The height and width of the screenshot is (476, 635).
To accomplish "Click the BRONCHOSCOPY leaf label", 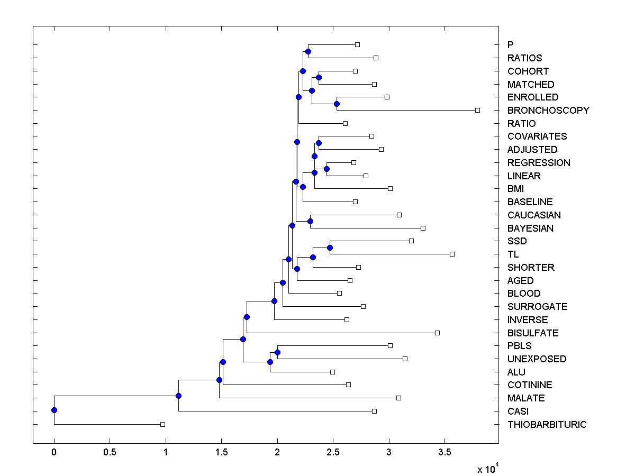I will coord(548,111).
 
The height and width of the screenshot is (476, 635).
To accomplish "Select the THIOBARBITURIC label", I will coord(547,425).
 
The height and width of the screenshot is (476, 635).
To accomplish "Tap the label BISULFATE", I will coord(532,333).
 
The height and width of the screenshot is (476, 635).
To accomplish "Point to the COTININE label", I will coord(529,385).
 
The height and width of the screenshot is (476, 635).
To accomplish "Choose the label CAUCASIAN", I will coord(534,215).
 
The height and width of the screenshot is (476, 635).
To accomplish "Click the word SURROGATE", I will coord(537,307).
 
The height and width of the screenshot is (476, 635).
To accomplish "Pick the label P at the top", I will coord(510,45).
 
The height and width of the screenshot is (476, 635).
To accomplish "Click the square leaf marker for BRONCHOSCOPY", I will coord(477,110).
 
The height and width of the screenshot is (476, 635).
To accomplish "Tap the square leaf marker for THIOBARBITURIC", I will coord(162,424).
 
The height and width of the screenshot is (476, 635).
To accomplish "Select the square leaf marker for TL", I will coord(452,254).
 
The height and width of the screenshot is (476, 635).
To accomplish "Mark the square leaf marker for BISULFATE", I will coord(437,333).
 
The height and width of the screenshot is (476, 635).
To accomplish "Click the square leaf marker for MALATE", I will coord(398,398).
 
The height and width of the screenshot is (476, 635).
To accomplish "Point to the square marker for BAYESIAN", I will coord(423,228).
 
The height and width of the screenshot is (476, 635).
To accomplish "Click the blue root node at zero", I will coord(54,410).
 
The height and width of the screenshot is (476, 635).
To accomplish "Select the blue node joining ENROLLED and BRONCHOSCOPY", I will coord(337,104).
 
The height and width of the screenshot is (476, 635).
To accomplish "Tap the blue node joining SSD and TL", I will coord(330,248).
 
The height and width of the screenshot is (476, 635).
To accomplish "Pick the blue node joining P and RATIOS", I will coord(308,51).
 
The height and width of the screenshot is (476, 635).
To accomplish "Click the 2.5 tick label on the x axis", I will coord(333,453).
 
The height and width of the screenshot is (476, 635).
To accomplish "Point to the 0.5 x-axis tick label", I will coord(110,453).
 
